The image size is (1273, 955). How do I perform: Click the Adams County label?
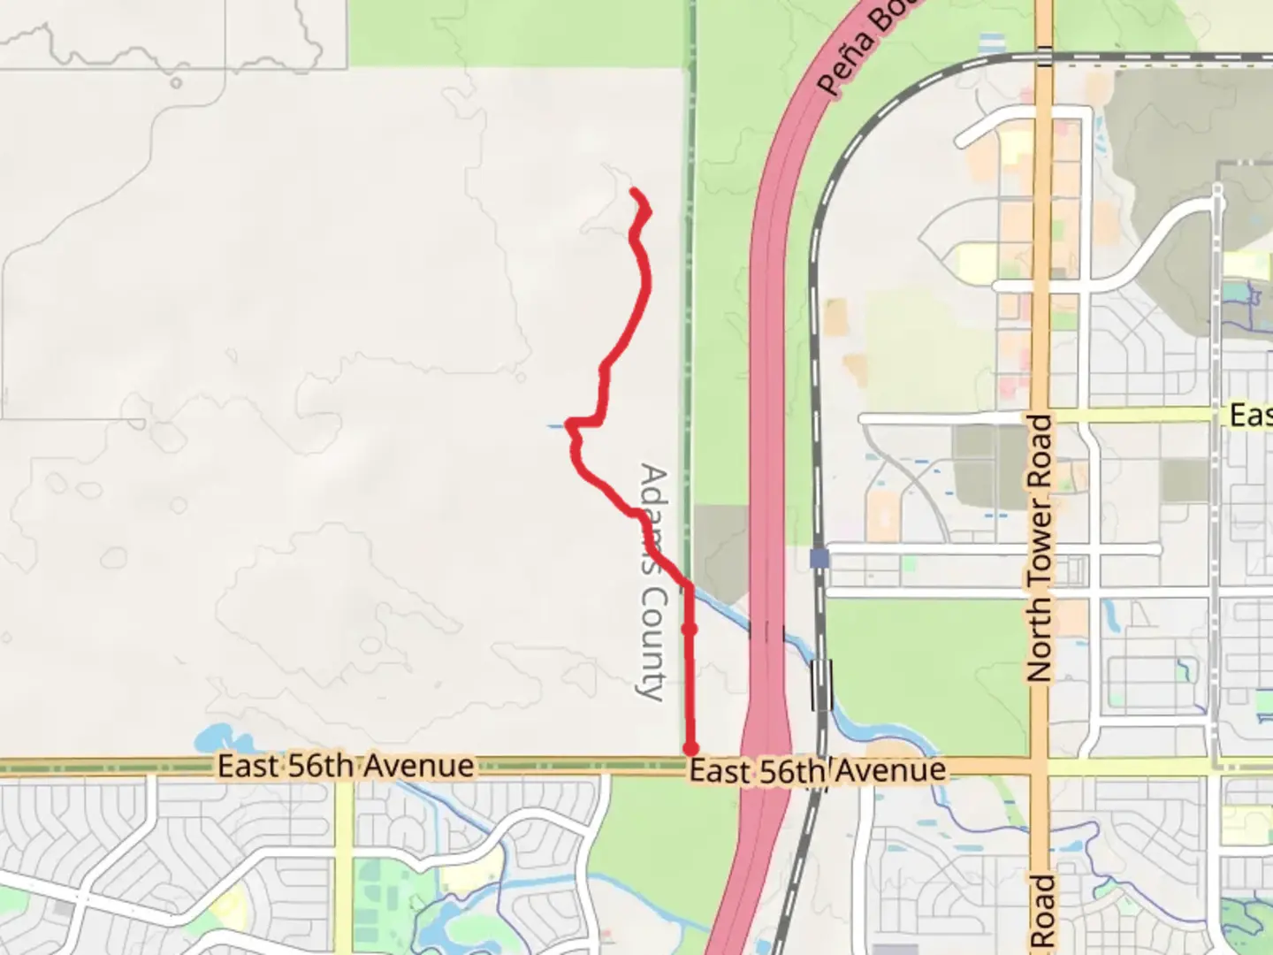652,584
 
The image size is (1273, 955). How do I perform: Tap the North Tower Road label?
1041,548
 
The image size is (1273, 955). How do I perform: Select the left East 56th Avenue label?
346,766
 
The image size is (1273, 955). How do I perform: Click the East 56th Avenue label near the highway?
817,771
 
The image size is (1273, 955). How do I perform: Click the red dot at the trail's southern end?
690,749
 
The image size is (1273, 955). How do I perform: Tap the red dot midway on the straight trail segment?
690,629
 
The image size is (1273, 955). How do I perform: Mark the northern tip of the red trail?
635,191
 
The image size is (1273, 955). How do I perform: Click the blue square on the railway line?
819,559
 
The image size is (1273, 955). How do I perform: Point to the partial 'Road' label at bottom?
1044,911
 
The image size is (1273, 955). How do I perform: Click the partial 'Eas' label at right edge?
1250,415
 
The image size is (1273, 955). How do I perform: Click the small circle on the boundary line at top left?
176,83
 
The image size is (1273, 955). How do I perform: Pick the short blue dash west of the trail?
555,427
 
